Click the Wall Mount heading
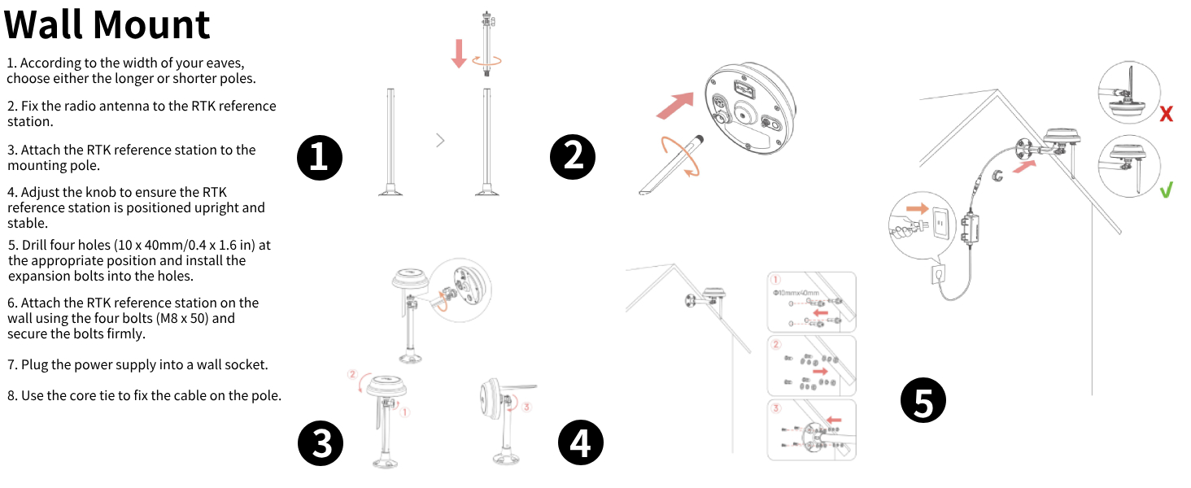coord(107,24)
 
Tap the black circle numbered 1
coord(319,157)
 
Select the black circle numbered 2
coord(574,157)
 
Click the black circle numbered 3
coord(321,444)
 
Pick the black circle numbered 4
coord(580,444)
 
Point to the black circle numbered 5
coord(923,401)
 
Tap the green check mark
coord(1166,191)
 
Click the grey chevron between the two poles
coord(440,140)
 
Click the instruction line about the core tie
coord(144,396)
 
